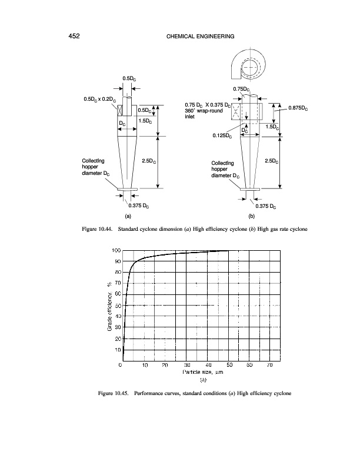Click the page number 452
pos(74,37)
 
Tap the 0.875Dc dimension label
pos(301,108)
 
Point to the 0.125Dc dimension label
pos(222,135)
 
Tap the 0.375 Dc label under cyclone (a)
pos(142,205)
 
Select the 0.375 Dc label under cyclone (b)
pos(266,205)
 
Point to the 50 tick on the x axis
pos(229,366)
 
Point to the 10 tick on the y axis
pos(116,350)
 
